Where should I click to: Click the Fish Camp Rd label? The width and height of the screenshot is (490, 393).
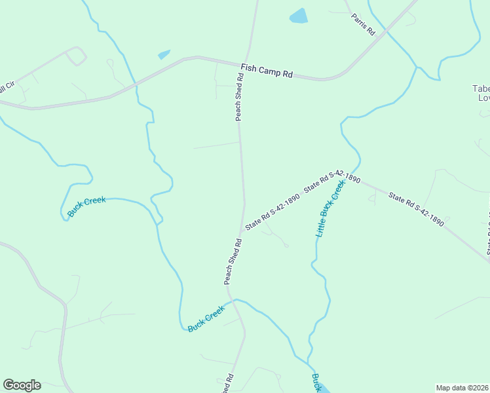coord(267,70)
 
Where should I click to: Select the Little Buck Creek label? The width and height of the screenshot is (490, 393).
coord(330,209)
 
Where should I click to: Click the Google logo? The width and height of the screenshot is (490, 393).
coord(22,385)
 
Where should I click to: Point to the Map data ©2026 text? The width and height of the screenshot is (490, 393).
coord(462,388)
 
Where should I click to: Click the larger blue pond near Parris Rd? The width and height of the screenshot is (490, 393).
coord(299,16)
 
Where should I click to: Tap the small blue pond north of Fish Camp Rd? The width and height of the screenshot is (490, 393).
coord(164,54)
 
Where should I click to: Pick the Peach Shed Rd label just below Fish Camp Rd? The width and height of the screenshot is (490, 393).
coord(240,96)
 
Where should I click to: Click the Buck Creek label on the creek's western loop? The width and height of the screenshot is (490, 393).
coord(86,207)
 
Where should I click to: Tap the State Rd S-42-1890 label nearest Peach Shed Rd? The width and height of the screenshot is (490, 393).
coord(273,212)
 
